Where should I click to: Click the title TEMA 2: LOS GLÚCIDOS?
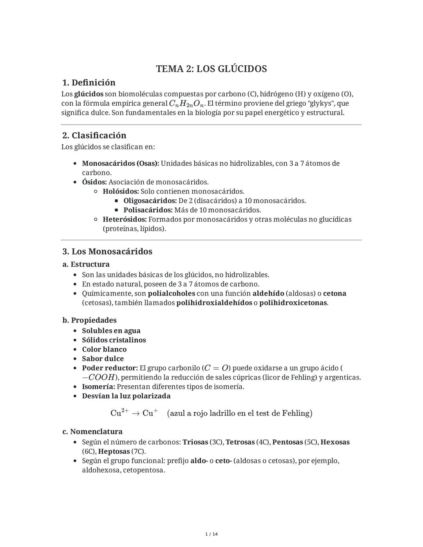tap(211, 69)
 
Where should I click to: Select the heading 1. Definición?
tap(89, 83)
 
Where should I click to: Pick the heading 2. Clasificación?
tap(94, 135)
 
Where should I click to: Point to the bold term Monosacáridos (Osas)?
tap(120, 163)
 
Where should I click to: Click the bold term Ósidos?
tap(94, 182)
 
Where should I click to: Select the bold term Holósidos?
tap(121, 191)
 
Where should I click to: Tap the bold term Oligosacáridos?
tap(150, 201)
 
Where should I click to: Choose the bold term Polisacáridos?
tap(148, 210)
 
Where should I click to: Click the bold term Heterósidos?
tap(125, 219)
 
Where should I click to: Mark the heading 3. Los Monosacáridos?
tap(107, 251)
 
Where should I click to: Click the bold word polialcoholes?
tap(171, 293)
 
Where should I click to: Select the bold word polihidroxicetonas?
tap(293, 303)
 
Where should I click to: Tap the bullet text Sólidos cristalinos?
tap(114, 340)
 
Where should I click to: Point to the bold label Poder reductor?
tap(110, 368)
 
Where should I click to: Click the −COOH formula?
tap(98, 377)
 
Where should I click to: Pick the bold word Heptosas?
tap(114, 451)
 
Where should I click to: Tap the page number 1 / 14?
tap(211, 534)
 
